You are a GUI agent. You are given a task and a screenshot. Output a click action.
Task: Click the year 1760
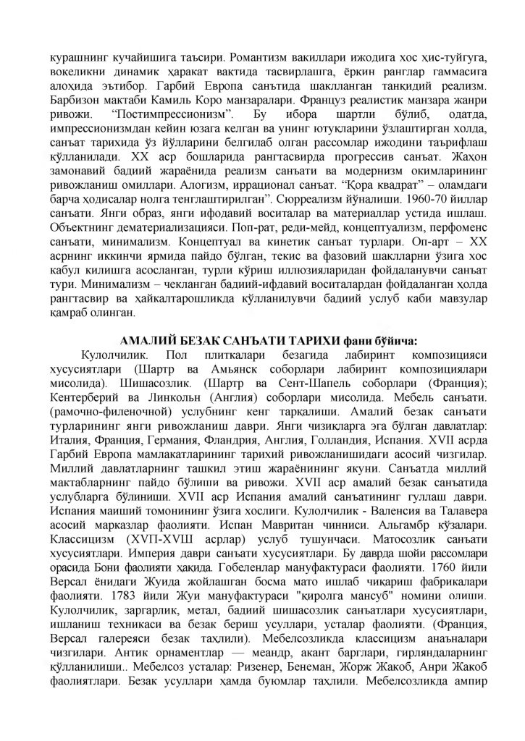pos(434,607)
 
